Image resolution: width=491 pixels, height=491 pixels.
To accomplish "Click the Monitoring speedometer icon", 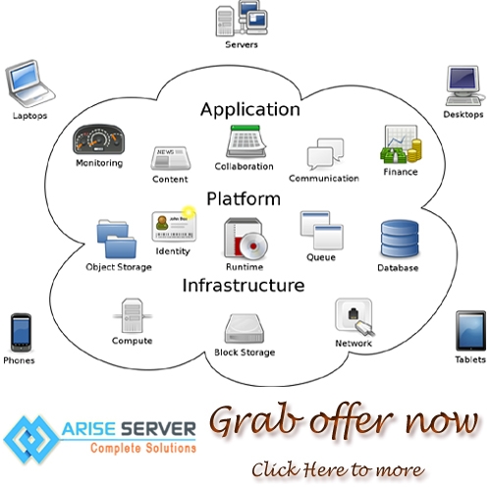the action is coord(98,139).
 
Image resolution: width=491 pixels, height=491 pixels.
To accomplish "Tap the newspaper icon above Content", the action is coord(171,158).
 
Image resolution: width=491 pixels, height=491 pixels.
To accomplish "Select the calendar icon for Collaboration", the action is coord(246,141).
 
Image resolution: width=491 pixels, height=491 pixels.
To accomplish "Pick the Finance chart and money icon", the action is coord(401,144).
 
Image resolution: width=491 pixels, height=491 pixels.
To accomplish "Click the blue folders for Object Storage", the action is coord(117,240).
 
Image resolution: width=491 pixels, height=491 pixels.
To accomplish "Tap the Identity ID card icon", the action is coord(174,225).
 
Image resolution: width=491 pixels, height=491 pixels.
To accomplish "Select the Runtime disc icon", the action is coord(245,239).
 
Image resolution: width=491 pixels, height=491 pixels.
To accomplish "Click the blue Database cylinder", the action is coord(400,239).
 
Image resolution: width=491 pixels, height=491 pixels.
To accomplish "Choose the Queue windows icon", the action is coord(322,231).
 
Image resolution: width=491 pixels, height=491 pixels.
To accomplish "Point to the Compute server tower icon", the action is coord(133,315).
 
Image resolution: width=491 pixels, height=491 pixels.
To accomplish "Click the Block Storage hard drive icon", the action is coord(245,328).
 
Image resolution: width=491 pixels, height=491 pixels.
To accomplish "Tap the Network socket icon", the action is coord(355,317).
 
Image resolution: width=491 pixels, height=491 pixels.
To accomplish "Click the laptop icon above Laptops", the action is coord(29,83).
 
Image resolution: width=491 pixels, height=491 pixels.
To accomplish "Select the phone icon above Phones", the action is coord(21,333).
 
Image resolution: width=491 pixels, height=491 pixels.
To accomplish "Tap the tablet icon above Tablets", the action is coord(470,331).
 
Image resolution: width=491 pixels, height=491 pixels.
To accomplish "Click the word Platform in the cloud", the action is coord(244,198).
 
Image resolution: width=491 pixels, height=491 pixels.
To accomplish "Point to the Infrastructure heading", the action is coord(244,285).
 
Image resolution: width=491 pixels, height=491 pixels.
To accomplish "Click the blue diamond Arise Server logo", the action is coord(31,440).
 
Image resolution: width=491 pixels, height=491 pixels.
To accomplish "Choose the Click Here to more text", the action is coord(338,469).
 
